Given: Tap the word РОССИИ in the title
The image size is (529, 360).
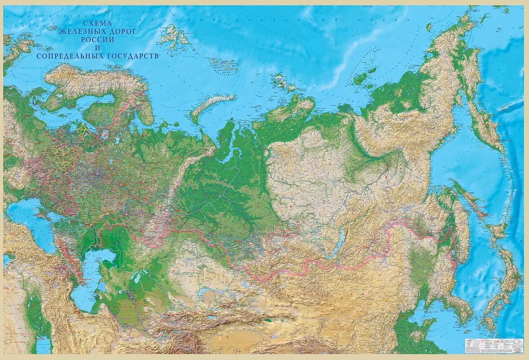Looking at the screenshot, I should tap(97, 39).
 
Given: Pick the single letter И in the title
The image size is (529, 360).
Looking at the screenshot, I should tap(97, 47).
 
